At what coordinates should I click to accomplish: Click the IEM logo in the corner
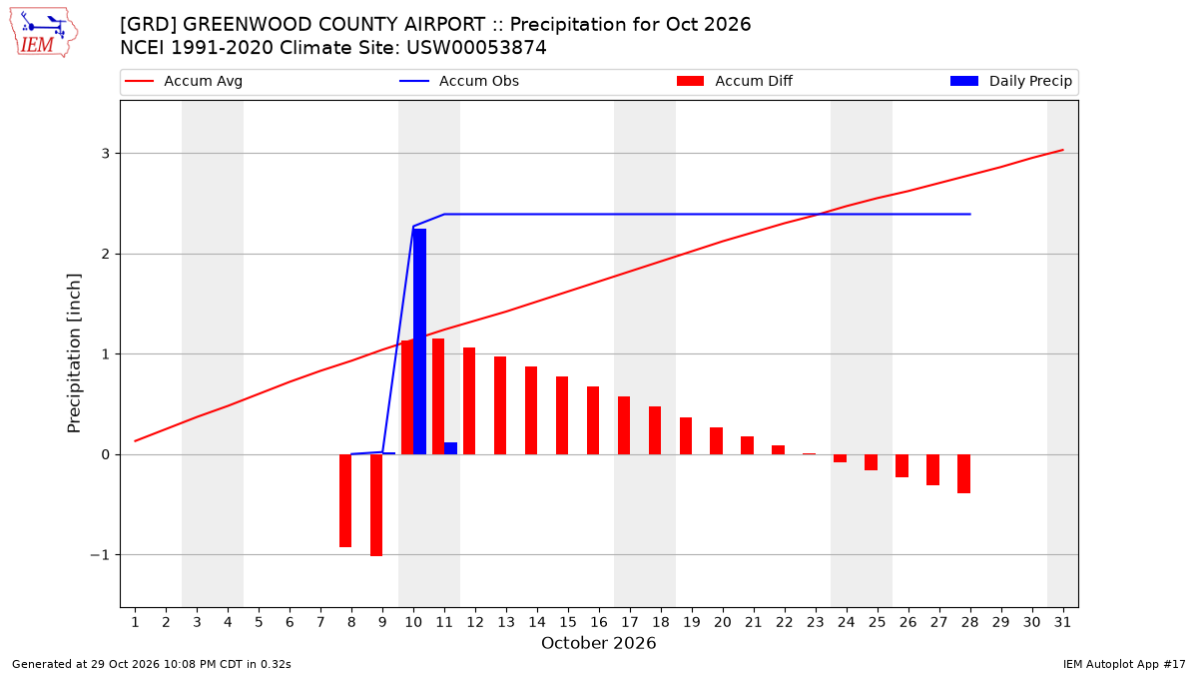pyautogui.click(x=43, y=33)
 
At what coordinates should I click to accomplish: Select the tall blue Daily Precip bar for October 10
pyautogui.click(x=420, y=341)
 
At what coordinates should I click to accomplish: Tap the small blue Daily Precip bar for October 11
pyautogui.click(x=451, y=448)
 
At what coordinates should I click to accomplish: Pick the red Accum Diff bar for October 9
pyautogui.click(x=376, y=505)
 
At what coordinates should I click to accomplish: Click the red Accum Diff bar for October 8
pyautogui.click(x=345, y=500)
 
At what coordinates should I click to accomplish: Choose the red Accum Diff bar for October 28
pyautogui.click(x=963, y=474)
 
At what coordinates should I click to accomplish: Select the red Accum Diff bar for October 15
pyautogui.click(x=562, y=415)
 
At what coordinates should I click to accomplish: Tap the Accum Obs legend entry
pyautogui.click(x=459, y=81)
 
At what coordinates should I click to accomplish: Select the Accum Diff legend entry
pyautogui.click(x=735, y=81)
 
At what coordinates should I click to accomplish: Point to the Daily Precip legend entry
pyautogui.click(x=1011, y=81)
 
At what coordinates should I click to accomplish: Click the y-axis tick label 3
pyautogui.click(x=106, y=154)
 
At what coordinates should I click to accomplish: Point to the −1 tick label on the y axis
pyautogui.click(x=100, y=555)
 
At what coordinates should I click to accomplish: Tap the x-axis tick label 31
pyautogui.click(x=1062, y=622)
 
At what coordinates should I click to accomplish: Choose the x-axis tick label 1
pyautogui.click(x=135, y=622)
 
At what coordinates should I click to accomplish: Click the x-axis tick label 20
pyautogui.click(x=723, y=622)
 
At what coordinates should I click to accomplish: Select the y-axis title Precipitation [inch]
pyautogui.click(x=74, y=353)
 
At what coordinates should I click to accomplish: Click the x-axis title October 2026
pyautogui.click(x=598, y=643)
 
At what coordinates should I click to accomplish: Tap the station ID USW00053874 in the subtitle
pyautogui.click(x=476, y=48)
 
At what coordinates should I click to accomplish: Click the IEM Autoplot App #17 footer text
pyautogui.click(x=1124, y=664)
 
